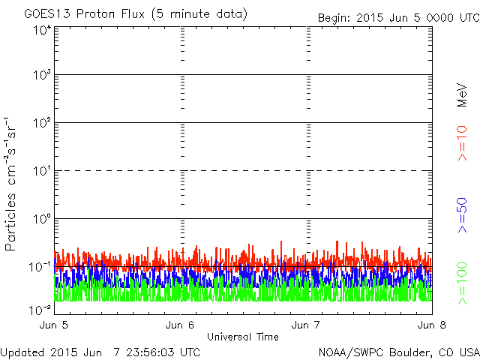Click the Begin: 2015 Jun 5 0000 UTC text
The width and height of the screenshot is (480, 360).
pos(397,17)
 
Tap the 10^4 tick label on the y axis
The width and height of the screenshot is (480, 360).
pos(41,30)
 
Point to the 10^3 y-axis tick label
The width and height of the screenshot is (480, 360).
pos(41,75)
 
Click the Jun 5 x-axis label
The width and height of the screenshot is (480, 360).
pos(55,325)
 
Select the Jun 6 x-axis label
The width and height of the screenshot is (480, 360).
pos(180,325)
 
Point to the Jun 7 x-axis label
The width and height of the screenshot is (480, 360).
pos(306,325)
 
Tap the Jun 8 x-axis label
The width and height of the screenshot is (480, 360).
pos(432,325)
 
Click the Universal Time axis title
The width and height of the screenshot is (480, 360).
pos(243,337)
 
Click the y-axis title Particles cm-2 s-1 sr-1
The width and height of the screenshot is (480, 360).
pos(11,184)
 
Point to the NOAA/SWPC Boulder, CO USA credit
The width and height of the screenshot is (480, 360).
pos(397,352)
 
